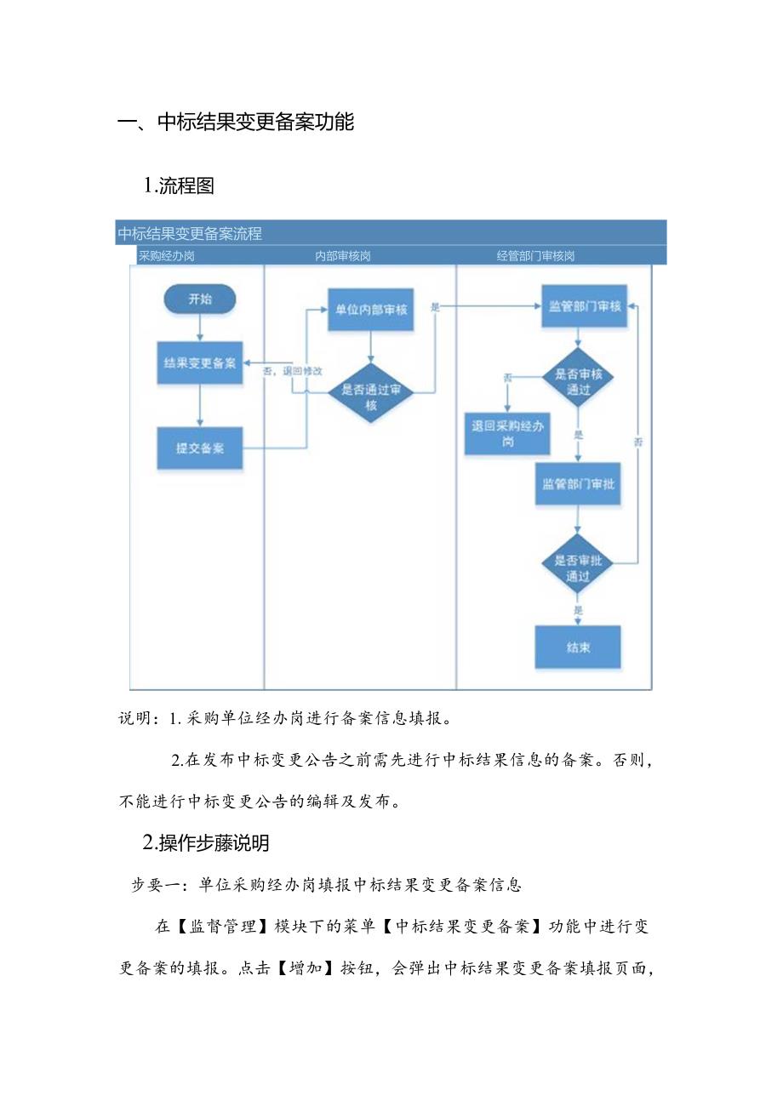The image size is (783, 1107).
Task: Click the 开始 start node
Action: pos(200,299)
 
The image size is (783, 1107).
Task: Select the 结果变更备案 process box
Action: pos(200,363)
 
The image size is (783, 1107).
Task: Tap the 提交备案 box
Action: pos(200,448)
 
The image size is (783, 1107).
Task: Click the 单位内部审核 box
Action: pos(371,309)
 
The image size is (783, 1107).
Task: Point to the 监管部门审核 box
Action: pos(585,306)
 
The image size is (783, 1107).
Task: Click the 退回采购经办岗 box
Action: pos(508,434)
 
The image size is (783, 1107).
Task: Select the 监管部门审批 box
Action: pos(578,483)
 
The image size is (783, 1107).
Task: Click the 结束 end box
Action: pos(578,648)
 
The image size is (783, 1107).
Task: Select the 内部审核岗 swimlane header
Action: pos(342,255)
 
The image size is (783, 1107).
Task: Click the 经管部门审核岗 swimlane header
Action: pos(536,255)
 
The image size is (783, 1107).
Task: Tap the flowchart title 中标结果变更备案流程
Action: pos(191,233)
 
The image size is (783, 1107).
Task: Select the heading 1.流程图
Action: pos(180,186)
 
